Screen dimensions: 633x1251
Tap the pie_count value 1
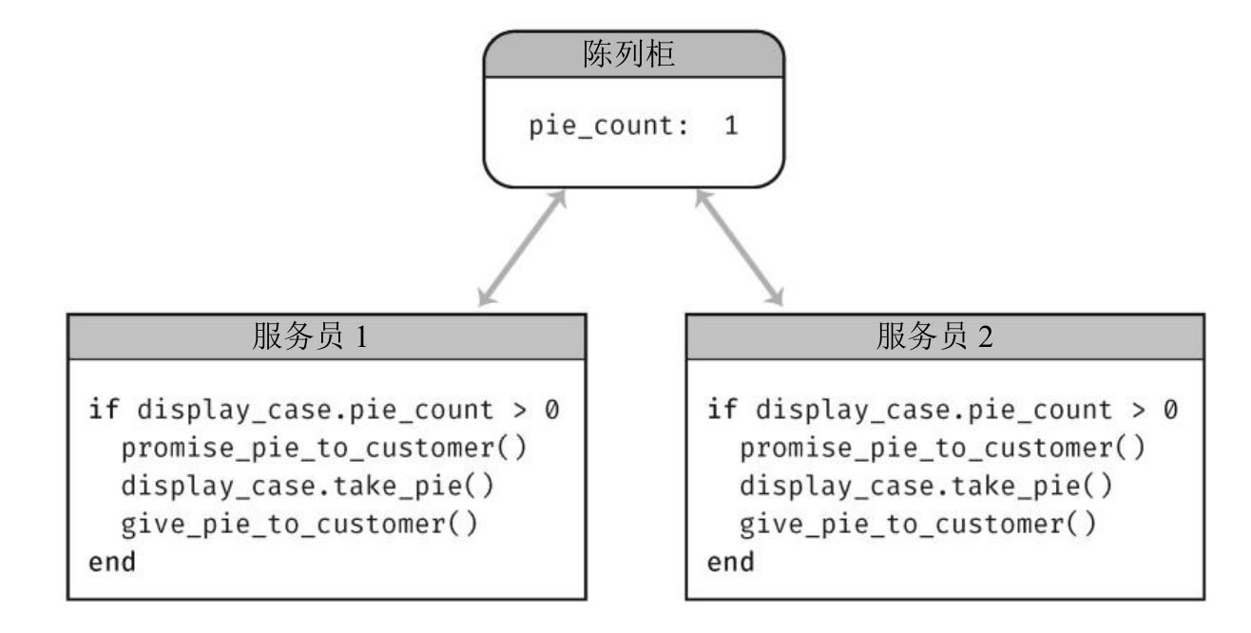click(x=731, y=125)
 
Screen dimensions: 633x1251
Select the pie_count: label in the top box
click(x=608, y=125)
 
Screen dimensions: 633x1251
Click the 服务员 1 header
click(x=310, y=337)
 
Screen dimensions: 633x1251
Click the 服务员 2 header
click(x=934, y=337)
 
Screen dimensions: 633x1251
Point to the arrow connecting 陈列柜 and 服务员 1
click(x=522, y=248)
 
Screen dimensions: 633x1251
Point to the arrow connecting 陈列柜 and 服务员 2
click(x=740, y=248)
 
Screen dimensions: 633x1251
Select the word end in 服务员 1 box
click(x=112, y=562)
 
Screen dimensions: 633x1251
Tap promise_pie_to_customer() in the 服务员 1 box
click(x=323, y=448)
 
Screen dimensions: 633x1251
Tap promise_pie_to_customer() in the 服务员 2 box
click(x=943, y=448)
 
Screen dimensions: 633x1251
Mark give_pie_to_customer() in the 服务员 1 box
click(x=299, y=524)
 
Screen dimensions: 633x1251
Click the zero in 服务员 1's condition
click(x=552, y=411)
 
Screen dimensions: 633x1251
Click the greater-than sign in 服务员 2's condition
click(x=1139, y=411)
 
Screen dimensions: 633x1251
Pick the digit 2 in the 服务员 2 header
click(x=986, y=338)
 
